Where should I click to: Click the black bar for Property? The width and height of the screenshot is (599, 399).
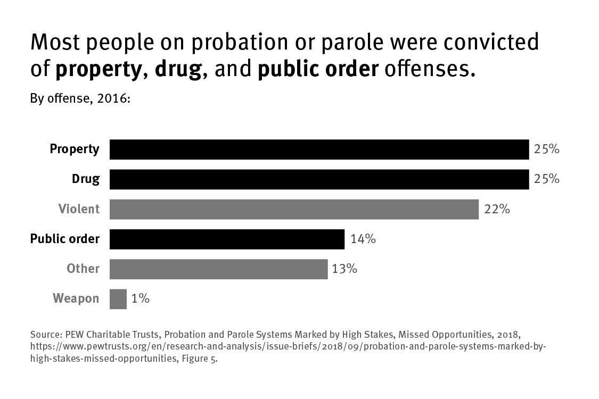click(319, 149)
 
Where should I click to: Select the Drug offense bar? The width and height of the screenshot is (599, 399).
click(319, 179)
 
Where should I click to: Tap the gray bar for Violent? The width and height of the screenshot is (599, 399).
click(294, 209)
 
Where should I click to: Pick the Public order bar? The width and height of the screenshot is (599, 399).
click(227, 239)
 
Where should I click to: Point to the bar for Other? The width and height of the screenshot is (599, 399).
click(218, 269)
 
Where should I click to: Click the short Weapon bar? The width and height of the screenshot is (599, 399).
click(118, 299)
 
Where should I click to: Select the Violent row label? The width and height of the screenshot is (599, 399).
click(79, 209)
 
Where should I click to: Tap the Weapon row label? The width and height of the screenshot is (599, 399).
click(76, 299)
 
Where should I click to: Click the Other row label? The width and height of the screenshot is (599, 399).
click(83, 269)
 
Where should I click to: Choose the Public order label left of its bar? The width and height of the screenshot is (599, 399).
click(64, 239)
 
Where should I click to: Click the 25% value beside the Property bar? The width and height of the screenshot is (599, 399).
click(546, 149)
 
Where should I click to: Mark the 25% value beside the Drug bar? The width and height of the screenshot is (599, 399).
click(546, 179)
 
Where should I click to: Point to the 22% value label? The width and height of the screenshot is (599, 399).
click(497, 209)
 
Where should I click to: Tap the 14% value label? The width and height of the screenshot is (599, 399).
click(363, 239)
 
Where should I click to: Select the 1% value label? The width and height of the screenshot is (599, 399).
click(140, 299)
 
